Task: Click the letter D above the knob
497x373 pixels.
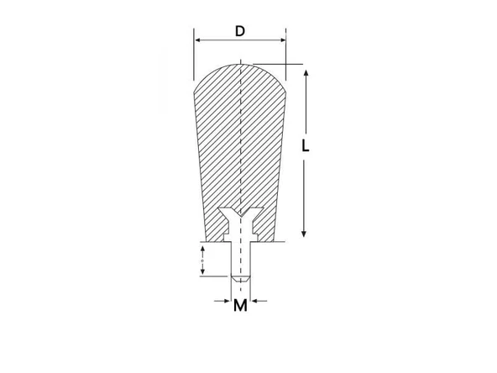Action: click(240, 31)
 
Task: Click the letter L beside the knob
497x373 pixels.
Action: click(306, 145)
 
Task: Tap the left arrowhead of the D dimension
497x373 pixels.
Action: click(198, 39)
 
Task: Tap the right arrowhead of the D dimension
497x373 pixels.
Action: click(281, 39)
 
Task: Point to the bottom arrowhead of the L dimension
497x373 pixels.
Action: click(306, 233)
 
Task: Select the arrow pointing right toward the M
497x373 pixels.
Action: click(226, 299)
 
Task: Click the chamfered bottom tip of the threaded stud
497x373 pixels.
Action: click(241, 277)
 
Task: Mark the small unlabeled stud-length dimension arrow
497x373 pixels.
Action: click(202, 260)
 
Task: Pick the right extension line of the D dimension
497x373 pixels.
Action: click(285, 50)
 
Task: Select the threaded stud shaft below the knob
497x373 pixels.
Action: click(241, 256)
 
